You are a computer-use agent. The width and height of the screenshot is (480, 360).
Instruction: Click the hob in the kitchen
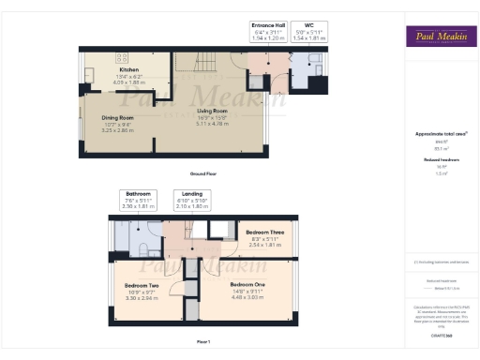(x=95, y=58)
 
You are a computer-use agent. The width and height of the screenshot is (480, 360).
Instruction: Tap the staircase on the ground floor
(x=201, y=65)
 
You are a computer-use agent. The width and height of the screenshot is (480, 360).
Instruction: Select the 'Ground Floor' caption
(x=202, y=175)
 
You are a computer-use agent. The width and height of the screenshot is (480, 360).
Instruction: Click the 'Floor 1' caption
(x=202, y=340)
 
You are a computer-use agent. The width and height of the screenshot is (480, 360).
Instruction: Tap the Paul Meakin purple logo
(x=439, y=37)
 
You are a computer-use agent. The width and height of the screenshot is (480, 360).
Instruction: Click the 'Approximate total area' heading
(x=438, y=134)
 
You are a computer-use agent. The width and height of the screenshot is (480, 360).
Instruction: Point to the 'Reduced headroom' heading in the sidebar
(x=438, y=160)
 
